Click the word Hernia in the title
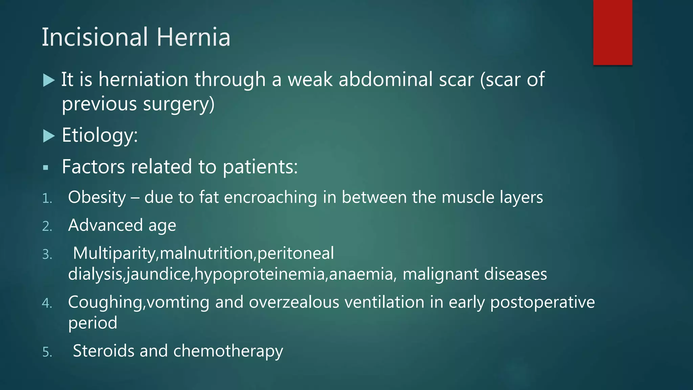(193, 37)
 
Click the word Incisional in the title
(95, 37)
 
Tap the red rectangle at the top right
(612, 32)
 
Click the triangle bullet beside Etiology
(49, 136)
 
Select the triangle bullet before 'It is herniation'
(49, 80)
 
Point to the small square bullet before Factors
(46, 167)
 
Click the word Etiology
(99, 135)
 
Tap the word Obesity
(97, 197)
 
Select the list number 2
(47, 226)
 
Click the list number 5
(47, 352)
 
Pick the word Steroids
(104, 351)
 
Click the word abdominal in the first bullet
(385, 80)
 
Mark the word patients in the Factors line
(260, 167)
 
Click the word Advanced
(105, 225)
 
